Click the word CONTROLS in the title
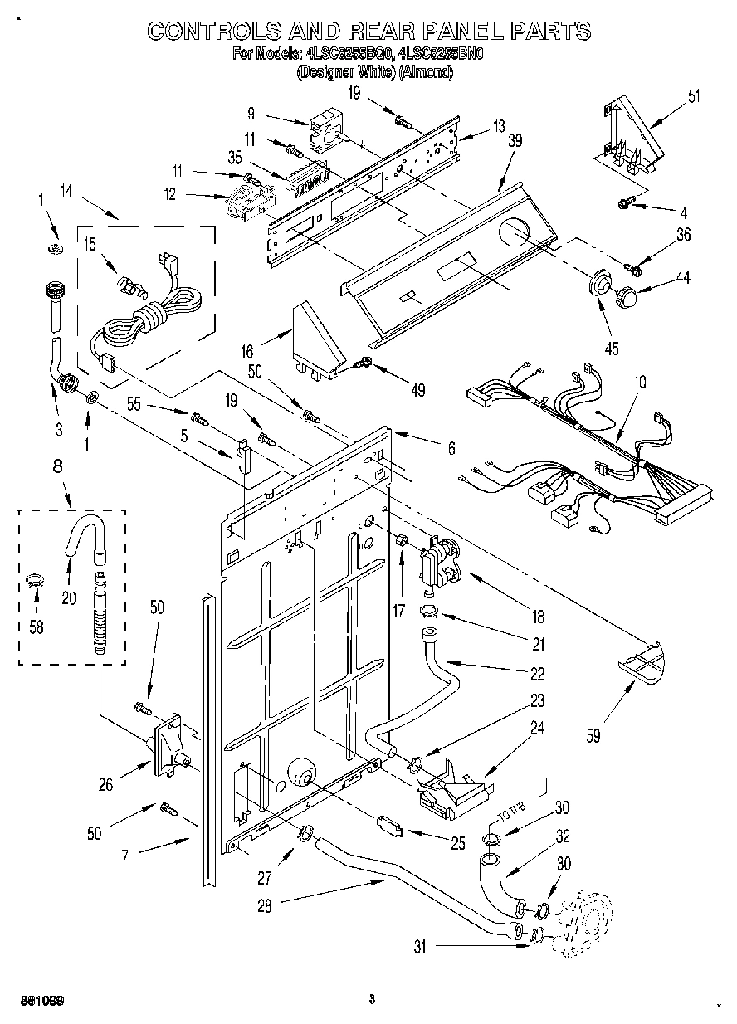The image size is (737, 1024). [x=215, y=32]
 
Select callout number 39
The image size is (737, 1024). [x=515, y=141]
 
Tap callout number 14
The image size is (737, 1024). [x=66, y=193]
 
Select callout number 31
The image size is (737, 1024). [x=421, y=947]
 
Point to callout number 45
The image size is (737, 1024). [x=612, y=348]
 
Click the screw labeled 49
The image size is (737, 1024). [x=363, y=362]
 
